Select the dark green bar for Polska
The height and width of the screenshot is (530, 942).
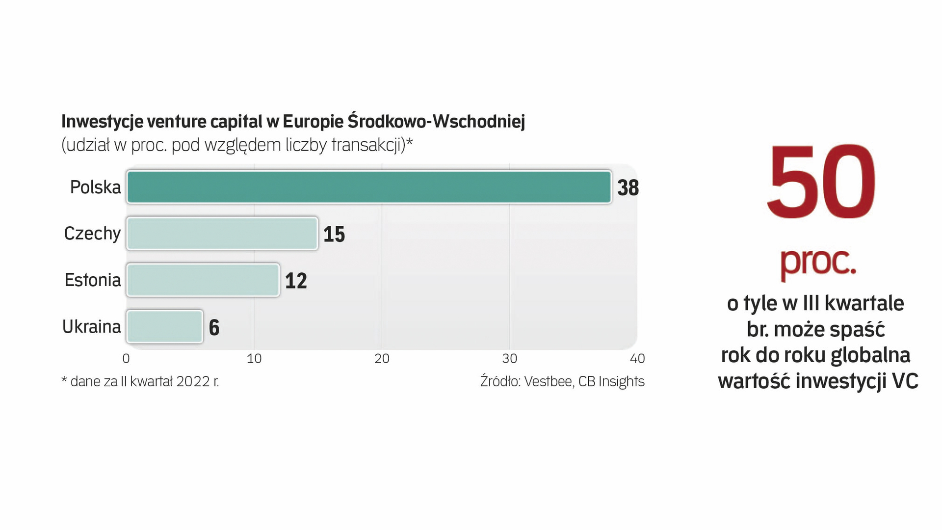pyautogui.click(x=369, y=187)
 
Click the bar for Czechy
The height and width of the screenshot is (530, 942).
pyautogui.click(x=222, y=234)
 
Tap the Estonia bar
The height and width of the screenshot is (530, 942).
pyautogui.click(x=203, y=280)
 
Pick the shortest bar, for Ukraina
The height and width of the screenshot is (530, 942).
pyautogui.click(x=165, y=327)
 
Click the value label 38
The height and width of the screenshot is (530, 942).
pyautogui.click(x=628, y=188)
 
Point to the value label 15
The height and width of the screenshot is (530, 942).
pyautogui.click(x=334, y=235)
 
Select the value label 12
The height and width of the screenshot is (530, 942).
pyautogui.click(x=296, y=281)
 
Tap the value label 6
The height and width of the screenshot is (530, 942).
pyautogui.click(x=214, y=328)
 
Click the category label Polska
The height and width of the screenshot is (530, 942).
pyautogui.click(x=95, y=187)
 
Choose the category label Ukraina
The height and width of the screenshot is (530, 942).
pyautogui.click(x=91, y=327)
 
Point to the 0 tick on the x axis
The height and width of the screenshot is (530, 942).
pyautogui.click(x=126, y=359)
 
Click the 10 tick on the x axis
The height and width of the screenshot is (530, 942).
pyautogui.click(x=254, y=359)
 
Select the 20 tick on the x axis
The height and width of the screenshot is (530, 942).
pyautogui.click(x=382, y=359)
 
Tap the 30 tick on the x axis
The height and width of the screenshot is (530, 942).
pyautogui.click(x=510, y=359)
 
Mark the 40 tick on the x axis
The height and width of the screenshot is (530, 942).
pyautogui.click(x=637, y=359)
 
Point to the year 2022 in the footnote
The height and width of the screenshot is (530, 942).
pyautogui.click(x=193, y=381)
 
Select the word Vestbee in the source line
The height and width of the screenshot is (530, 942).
pyautogui.click(x=548, y=381)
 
